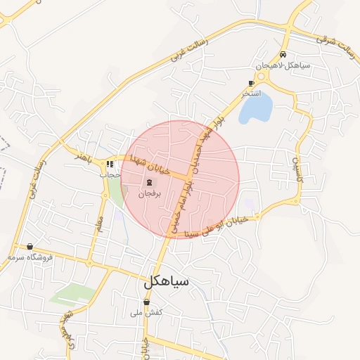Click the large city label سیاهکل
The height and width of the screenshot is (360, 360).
(x=167, y=283)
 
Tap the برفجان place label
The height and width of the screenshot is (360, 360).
(x=149, y=193)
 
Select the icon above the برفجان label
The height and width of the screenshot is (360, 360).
(x=148, y=182)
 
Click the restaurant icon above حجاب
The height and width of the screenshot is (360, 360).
(x=110, y=165)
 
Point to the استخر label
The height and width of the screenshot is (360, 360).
(x=252, y=94)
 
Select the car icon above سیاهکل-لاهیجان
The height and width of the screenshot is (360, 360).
(x=283, y=54)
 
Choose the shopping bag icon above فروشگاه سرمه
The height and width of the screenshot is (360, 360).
(x=30, y=247)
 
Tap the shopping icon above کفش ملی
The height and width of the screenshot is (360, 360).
(x=146, y=302)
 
